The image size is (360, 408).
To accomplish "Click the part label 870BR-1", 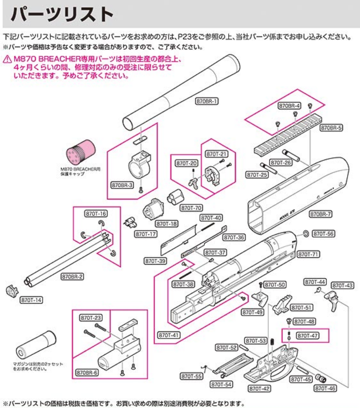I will tap(207, 101).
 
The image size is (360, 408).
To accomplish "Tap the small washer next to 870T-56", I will tap(305, 234).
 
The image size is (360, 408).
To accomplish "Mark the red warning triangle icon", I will tap(6, 59).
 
